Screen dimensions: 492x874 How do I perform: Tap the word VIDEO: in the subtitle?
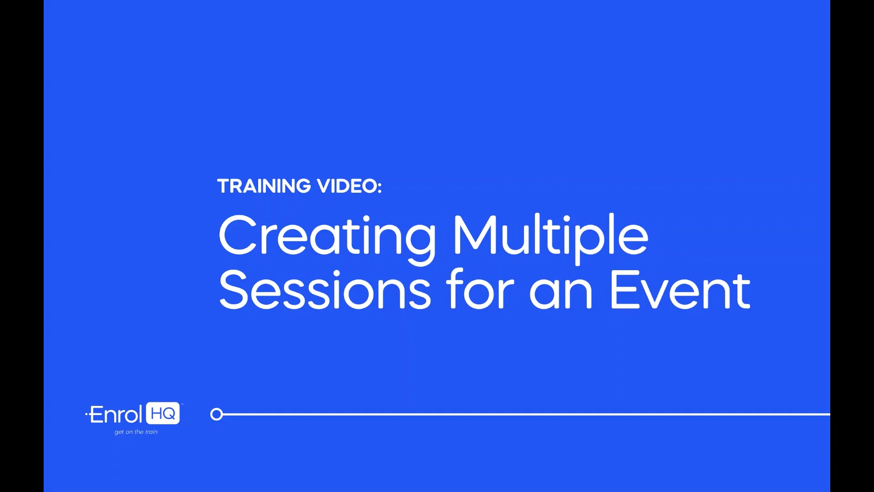pyautogui.click(x=349, y=186)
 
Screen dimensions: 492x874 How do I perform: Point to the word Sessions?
pyautogui.click(x=325, y=290)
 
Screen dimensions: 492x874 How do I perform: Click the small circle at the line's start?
pyautogui.click(x=217, y=414)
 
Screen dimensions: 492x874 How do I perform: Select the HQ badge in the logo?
pyautogui.click(x=163, y=414)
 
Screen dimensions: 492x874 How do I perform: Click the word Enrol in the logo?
pyautogui.click(x=116, y=415)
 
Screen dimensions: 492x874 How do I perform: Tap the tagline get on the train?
pyautogui.click(x=136, y=432)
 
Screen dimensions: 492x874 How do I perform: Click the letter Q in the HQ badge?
pyautogui.click(x=169, y=414)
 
